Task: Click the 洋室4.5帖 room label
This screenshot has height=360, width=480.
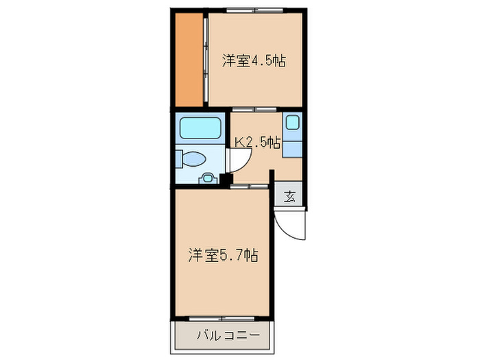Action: (253, 60)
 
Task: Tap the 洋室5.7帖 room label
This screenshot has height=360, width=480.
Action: (224, 256)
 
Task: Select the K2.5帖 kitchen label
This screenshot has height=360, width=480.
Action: (257, 143)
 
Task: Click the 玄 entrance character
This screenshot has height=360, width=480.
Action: (289, 196)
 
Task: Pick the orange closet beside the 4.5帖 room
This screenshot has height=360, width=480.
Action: (188, 60)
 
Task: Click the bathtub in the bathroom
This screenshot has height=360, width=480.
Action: (200, 128)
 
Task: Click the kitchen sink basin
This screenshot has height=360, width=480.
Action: (293, 124)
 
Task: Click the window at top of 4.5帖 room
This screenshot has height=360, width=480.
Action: (254, 11)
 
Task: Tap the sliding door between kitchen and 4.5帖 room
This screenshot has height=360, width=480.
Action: (253, 108)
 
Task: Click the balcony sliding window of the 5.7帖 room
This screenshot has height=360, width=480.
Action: (224, 319)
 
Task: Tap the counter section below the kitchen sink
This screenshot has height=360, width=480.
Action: (293, 147)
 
